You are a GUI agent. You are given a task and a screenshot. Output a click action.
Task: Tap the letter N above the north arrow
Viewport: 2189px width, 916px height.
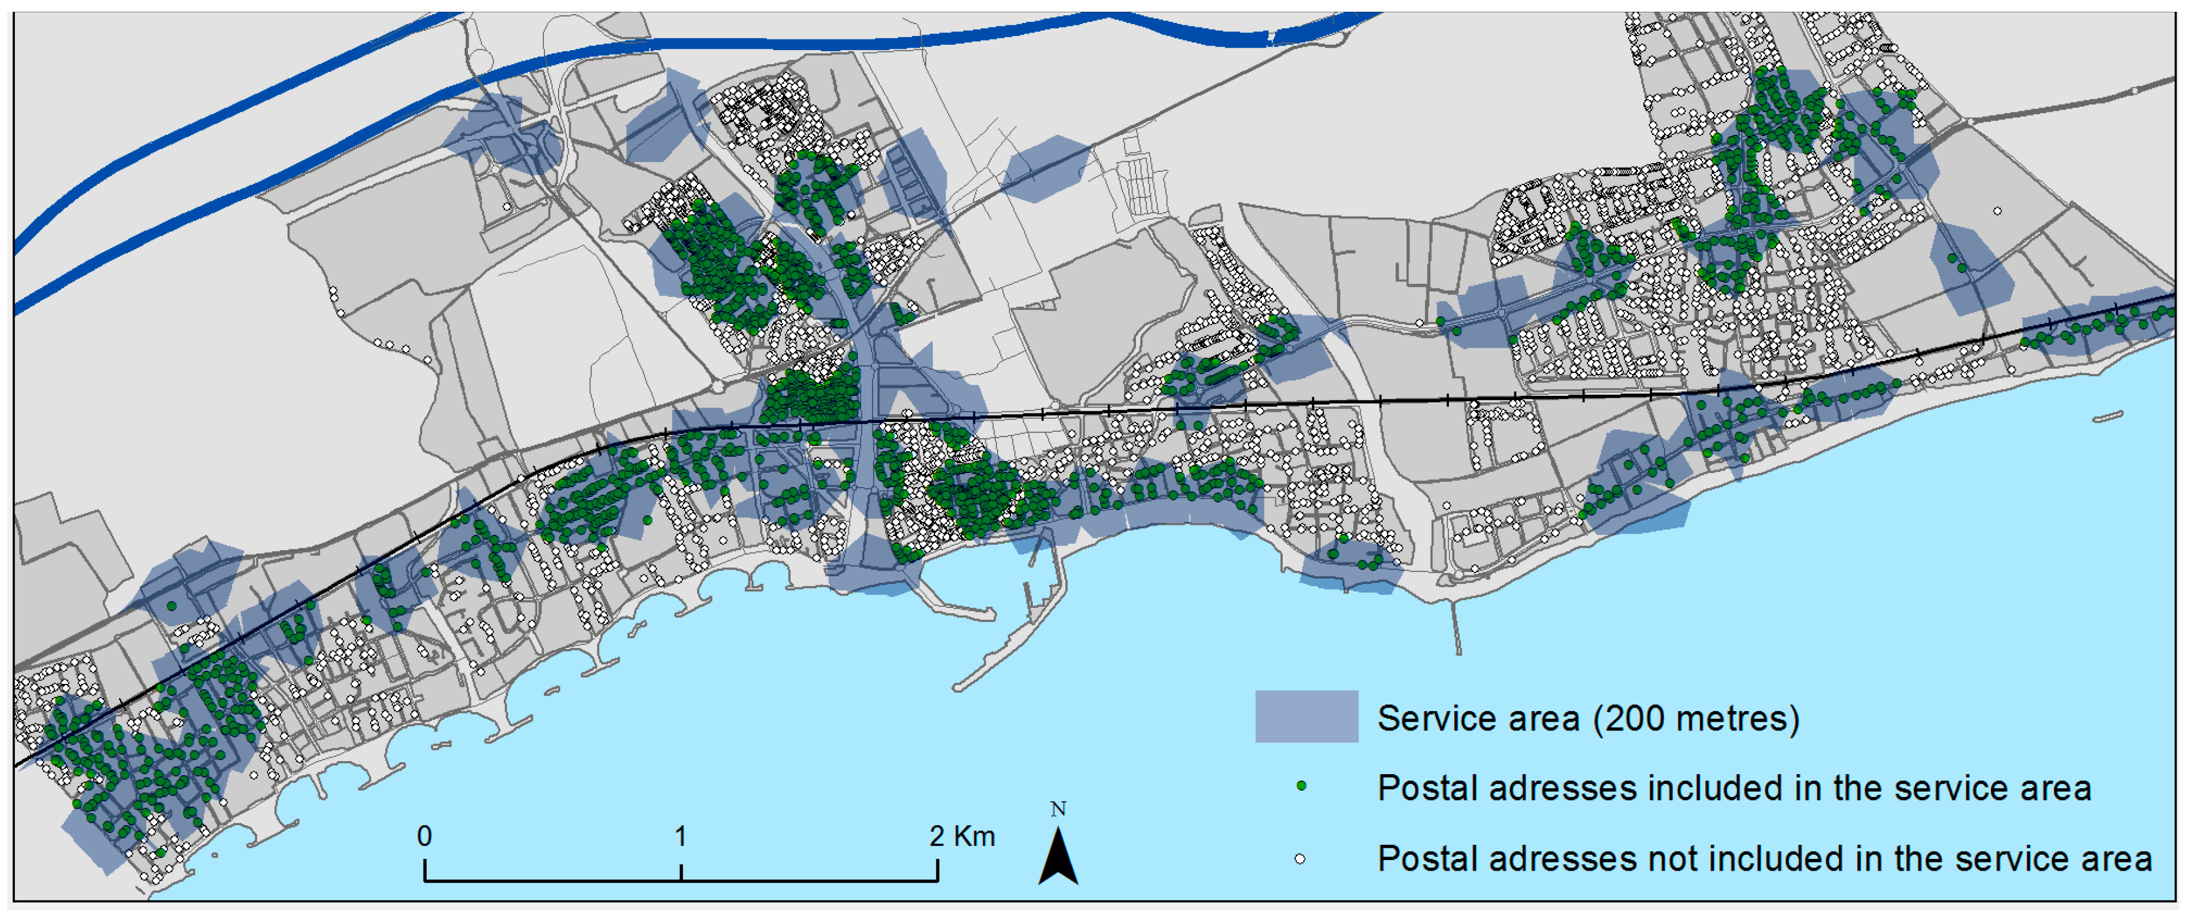1058,809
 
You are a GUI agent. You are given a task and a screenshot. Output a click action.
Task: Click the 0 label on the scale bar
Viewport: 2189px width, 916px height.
424,836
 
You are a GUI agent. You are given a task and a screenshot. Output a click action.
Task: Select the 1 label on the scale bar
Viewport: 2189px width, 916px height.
681,836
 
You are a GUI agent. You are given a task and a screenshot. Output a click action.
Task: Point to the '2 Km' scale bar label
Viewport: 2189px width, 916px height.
962,836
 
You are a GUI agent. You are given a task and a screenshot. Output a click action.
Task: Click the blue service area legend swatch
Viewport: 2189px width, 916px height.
1306,717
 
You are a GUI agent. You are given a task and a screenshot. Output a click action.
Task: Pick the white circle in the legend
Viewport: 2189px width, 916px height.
1300,859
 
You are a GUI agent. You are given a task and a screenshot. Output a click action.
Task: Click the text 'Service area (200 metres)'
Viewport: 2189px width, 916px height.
1587,719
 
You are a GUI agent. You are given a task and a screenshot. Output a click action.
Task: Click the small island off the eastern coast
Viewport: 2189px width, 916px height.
2108,417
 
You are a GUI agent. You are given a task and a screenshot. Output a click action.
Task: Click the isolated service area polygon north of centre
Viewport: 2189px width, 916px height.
1045,168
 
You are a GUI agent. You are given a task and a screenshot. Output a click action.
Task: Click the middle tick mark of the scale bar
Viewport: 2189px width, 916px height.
681,871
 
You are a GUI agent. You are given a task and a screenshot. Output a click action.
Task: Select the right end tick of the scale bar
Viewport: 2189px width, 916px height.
937,871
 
